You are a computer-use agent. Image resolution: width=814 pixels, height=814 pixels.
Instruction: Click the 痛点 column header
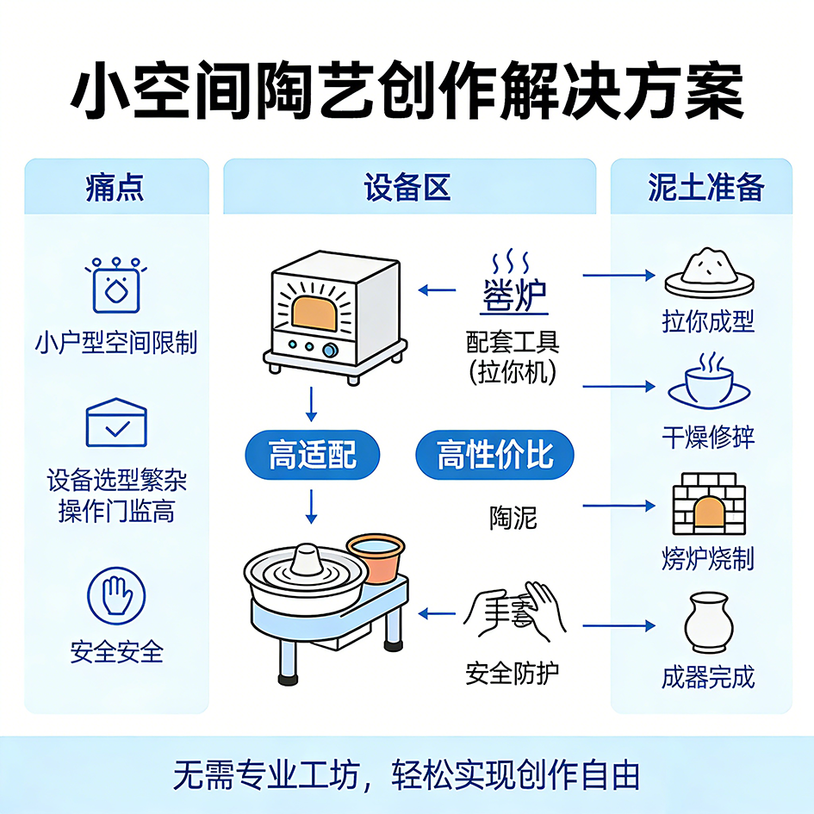(x=115, y=187)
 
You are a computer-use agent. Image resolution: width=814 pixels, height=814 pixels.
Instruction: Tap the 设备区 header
(x=408, y=187)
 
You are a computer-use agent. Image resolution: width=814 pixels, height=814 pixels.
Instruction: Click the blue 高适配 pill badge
(x=312, y=454)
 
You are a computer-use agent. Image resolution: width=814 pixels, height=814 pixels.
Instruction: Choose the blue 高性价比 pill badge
(x=494, y=454)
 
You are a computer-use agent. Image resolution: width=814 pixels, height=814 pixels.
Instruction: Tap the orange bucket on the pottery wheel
(x=376, y=557)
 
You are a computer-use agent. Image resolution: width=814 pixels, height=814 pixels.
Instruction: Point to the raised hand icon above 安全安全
(x=116, y=595)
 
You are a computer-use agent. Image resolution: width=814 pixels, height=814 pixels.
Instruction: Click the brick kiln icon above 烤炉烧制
(x=708, y=506)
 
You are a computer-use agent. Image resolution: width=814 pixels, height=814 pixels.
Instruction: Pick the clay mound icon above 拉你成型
(x=708, y=268)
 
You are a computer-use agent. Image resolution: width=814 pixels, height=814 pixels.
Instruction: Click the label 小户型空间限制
(x=116, y=343)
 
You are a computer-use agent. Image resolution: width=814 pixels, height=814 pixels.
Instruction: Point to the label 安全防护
(x=512, y=673)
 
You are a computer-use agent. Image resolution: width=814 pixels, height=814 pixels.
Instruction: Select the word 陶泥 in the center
(x=512, y=517)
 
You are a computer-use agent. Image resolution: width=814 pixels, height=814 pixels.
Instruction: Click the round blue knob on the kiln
(x=330, y=350)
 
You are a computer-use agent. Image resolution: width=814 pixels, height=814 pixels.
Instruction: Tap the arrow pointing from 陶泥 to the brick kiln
(x=618, y=506)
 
